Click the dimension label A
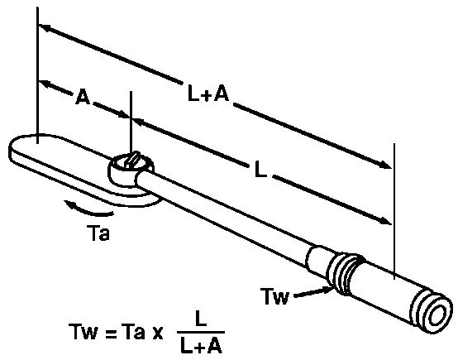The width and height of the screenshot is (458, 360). [82, 97]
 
